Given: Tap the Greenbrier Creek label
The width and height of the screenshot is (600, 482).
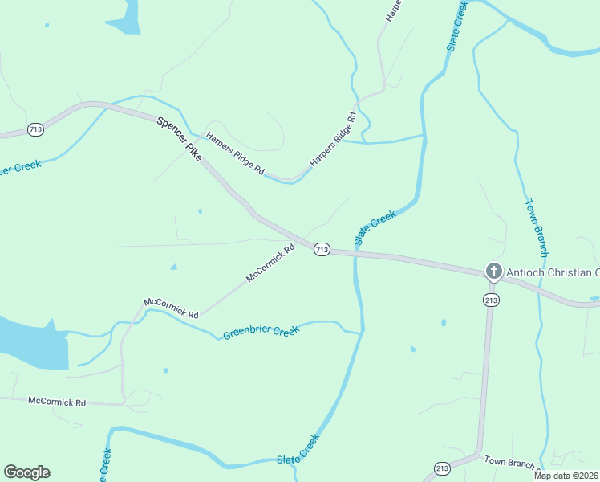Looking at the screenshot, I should [261, 332].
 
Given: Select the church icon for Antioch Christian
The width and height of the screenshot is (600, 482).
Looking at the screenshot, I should [493, 272].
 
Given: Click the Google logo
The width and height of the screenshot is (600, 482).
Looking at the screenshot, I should [26, 472].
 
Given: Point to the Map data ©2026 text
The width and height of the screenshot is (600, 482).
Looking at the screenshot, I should [566, 476].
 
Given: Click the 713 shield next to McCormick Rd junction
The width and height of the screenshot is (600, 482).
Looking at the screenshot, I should [322, 250].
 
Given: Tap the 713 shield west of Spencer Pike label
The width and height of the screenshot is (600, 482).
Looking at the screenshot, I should [35, 129].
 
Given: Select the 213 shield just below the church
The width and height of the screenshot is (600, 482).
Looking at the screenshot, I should [491, 300].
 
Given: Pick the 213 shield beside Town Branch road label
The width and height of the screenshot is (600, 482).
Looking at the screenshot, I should [442, 468].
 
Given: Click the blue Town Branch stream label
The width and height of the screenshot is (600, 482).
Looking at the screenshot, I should [536, 227].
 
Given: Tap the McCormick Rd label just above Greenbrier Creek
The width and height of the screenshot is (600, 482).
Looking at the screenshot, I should [171, 308].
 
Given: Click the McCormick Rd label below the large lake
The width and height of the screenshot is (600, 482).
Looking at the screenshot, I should [56, 400].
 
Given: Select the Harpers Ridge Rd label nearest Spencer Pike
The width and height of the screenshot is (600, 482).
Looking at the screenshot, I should [234, 153].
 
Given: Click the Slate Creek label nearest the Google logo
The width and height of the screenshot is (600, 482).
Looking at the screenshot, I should [298, 451].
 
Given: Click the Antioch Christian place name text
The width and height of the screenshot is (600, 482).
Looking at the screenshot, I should [553, 272].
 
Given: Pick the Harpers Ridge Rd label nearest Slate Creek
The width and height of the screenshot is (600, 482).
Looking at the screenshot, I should [332, 138].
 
